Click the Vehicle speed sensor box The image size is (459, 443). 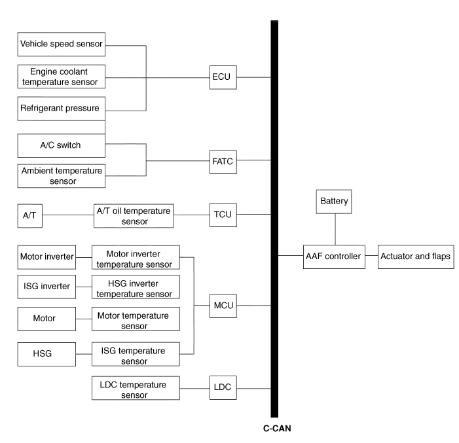(x=62, y=44)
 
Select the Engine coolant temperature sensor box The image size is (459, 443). (x=62, y=77)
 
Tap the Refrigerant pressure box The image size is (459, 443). (x=62, y=109)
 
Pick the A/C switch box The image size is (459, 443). (x=62, y=145)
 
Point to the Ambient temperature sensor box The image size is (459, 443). (x=62, y=175)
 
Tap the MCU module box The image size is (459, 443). (x=224, y=305)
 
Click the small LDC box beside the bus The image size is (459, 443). (x=224, y=387)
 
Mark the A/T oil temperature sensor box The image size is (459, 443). (x=134, y=215)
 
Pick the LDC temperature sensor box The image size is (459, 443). (x=135, y=389)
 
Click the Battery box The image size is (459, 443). (x=335, y=202)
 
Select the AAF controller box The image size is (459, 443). (x=333, y=257)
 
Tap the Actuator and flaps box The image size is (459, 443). (x=416, y=257)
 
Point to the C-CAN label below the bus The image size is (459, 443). (x=277, y=429)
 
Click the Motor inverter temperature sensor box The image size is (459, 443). (x=134, y=258)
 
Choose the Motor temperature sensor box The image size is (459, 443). (x=134, y=320)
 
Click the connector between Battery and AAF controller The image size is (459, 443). (x=335, y=228)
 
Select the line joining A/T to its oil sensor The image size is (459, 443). (x=68, y=216)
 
